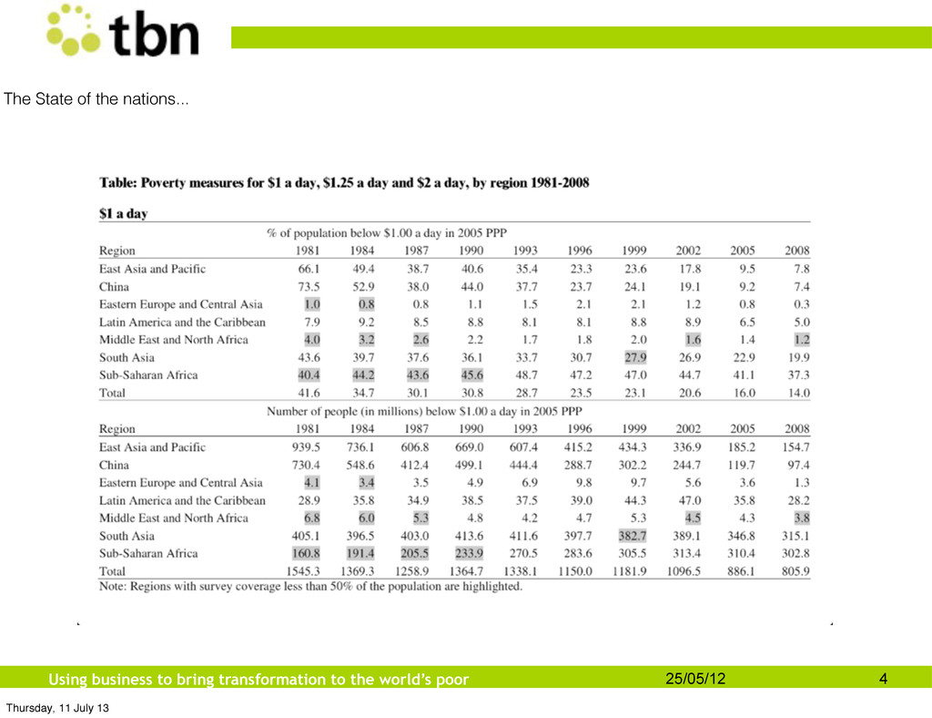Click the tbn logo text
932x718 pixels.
[x=154, y=35]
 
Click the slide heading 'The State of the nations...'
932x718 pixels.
[x=96, y=98]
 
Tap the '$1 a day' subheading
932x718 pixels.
[x=123, y=213]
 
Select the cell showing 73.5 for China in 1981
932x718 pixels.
[x=309, y=287]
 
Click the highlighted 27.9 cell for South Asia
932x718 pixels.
[x=635, y=357]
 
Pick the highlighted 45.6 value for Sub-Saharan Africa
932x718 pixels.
[x=472, y=375]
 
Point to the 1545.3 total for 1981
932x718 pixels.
[x=303, y=571]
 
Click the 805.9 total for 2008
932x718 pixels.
[x=795, y=571]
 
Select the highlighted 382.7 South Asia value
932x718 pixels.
[x=632, y=536]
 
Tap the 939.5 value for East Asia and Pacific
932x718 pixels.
[x=306, y=447]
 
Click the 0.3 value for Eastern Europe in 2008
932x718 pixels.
[x=802, y=304]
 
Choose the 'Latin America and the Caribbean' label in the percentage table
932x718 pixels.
[x=182, y=323]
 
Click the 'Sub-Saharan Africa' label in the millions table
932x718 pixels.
[x=148, y=554]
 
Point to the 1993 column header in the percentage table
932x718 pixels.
[x=525, y=251]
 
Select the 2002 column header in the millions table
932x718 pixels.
[x=688, y=429]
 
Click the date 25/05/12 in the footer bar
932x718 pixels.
[x=695, y=679]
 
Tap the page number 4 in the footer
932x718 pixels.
[x=883, y=679]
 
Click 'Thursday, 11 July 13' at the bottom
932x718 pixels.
[x=57, y=708]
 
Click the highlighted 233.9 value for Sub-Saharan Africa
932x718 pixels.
[x=469, y=554]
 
